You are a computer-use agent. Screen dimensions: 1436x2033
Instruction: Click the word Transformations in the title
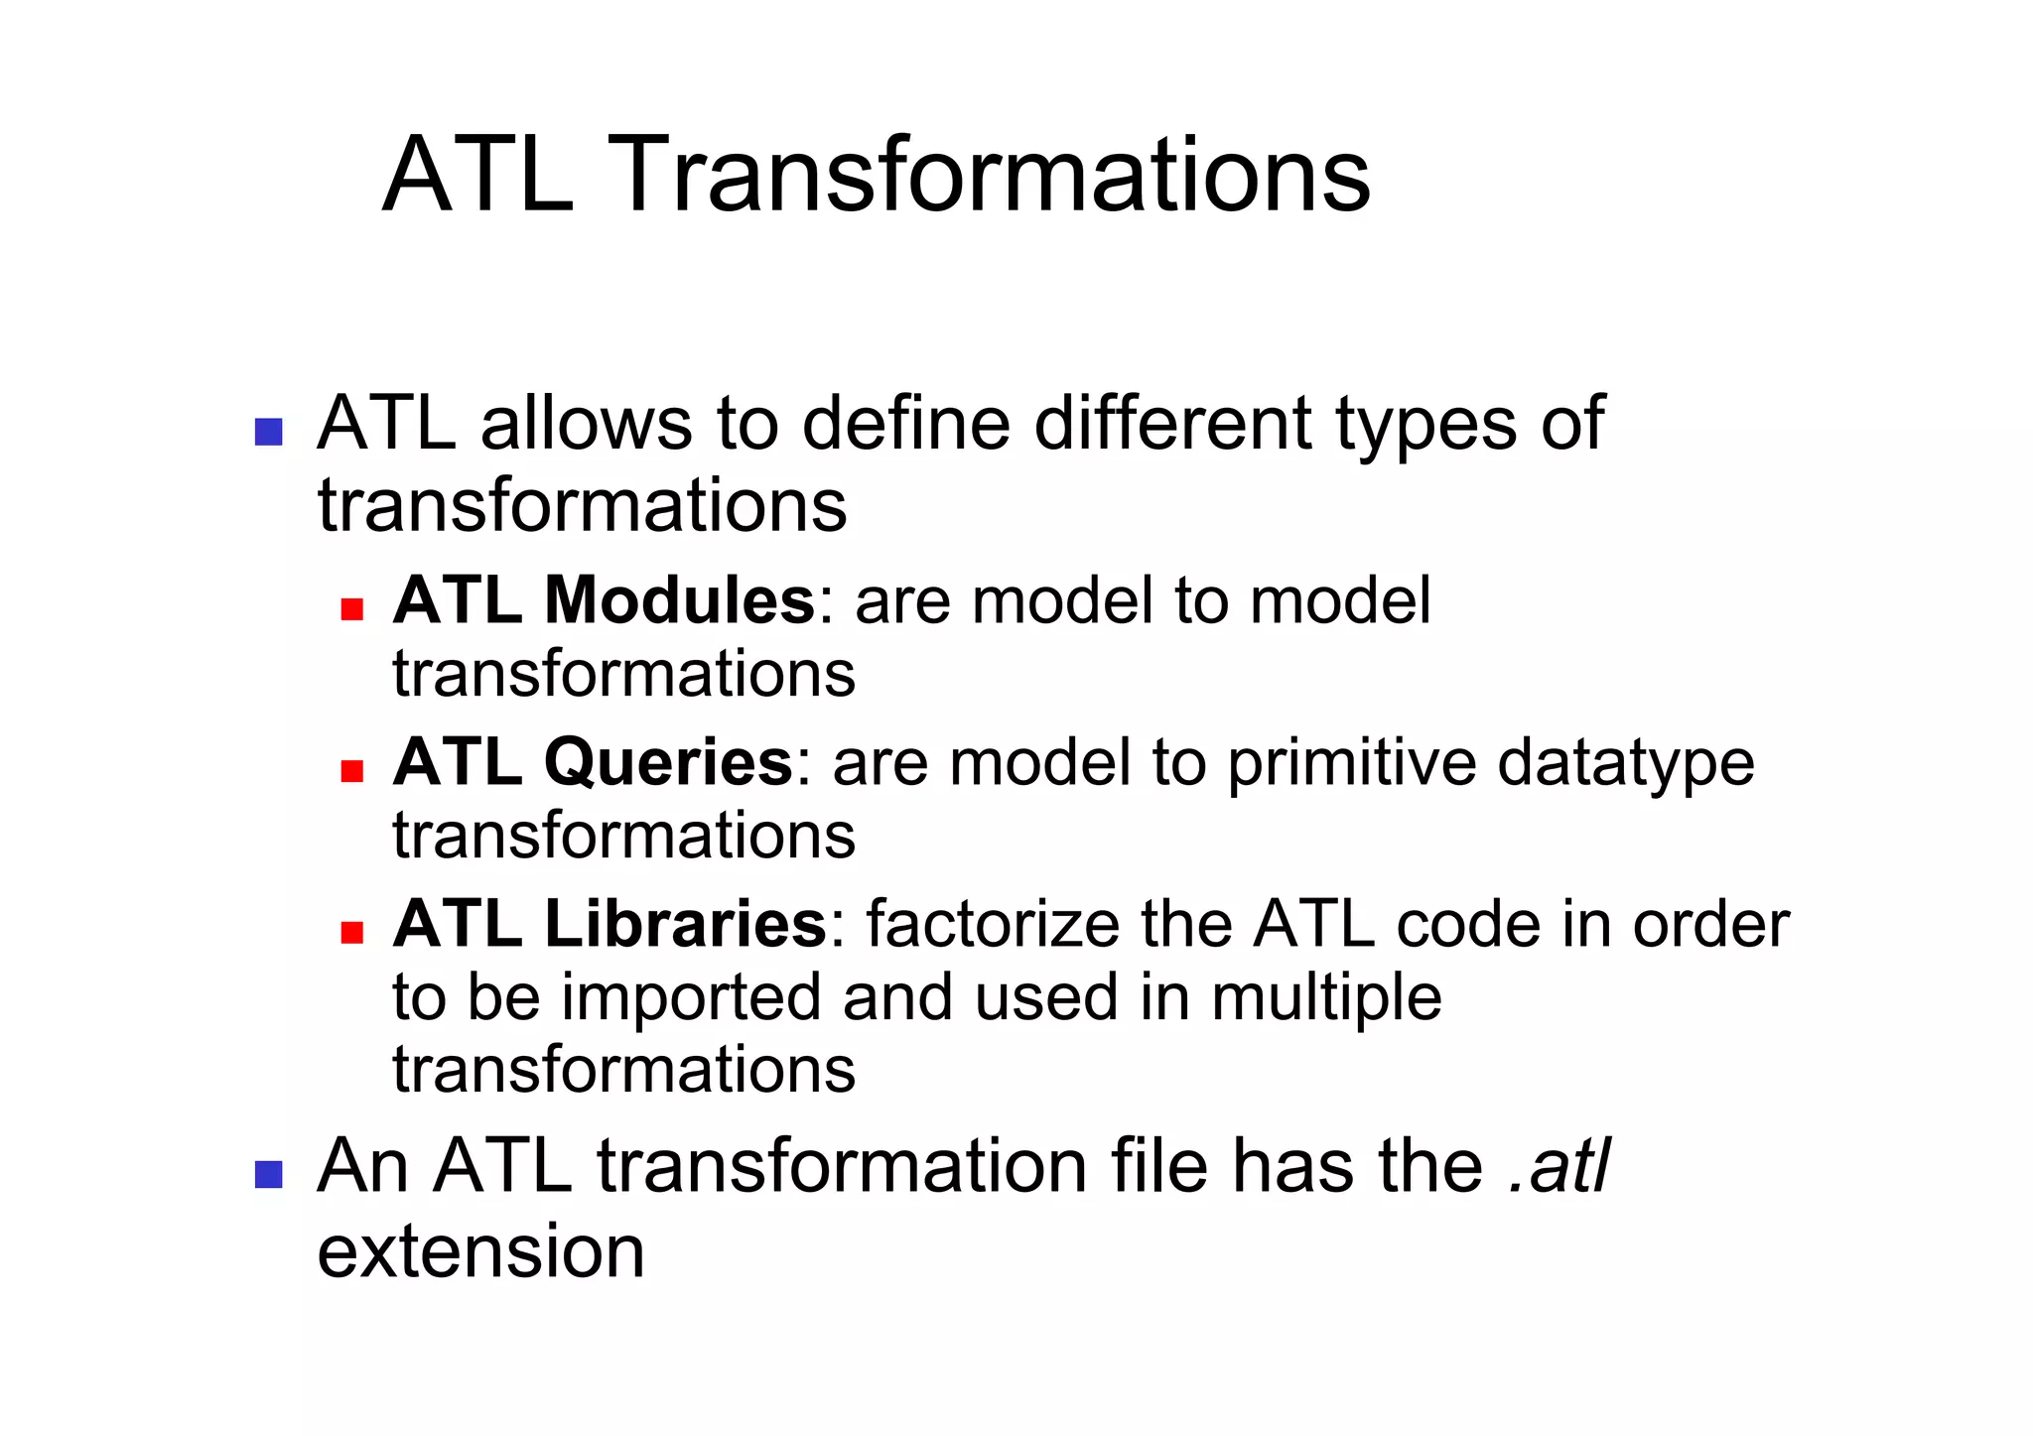coord(992,176)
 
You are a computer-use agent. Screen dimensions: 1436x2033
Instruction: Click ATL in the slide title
coord(477,176)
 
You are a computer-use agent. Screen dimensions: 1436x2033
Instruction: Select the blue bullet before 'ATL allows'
coord(268,432)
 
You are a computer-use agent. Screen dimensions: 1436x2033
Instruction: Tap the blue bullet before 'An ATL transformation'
coord(268,1174)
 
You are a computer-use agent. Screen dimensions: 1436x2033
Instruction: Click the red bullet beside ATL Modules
coord(351,608)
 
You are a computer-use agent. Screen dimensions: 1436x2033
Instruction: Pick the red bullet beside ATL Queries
coord(351,770)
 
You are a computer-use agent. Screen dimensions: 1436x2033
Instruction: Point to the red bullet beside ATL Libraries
coord(351,932)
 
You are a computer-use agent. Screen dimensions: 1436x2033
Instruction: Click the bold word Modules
coord(679,600)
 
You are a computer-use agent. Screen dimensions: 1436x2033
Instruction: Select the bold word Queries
coord(668,762)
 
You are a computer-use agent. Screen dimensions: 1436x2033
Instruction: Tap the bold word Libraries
coord(685,924)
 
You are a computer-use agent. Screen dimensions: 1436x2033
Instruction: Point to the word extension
coord(480,1250)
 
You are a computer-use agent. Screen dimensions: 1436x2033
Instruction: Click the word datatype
coord(1625,764)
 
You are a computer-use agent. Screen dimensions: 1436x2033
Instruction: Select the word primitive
coord(1352,764)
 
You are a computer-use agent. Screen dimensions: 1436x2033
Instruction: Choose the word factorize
coord(994,924)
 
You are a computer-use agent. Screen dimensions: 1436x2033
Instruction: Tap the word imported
coord(691,997)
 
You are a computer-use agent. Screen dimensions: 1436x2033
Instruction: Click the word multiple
coord(1326,997)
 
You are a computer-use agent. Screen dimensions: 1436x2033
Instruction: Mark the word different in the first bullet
coord(1172,423)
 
